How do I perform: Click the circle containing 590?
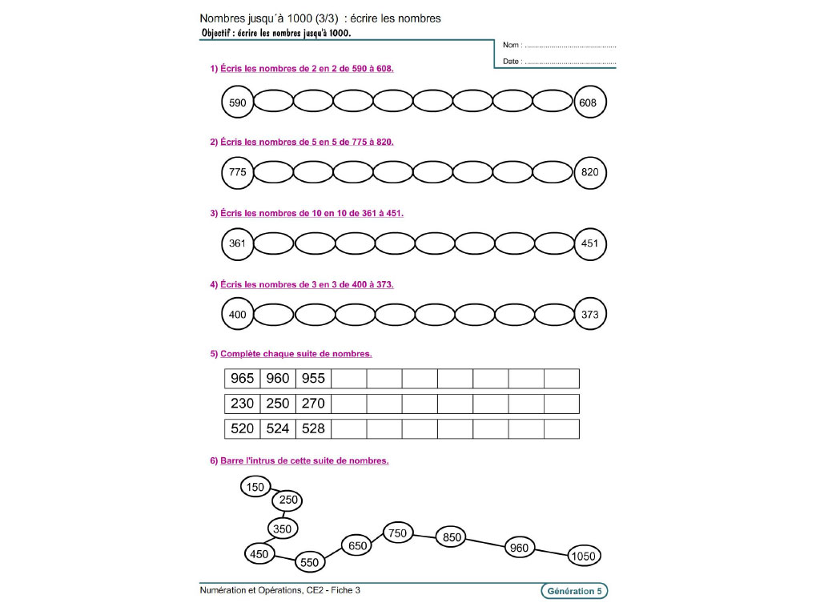(237, 102)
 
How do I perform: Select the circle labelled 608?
(591, 102)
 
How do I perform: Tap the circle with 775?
(237, 172)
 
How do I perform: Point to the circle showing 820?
(591, 172)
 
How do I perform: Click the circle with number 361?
(237, 243)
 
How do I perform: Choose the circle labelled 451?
(591, 243)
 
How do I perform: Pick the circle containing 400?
(237, 315)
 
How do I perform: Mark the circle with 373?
(591, 315)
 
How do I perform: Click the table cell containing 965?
(242, 379)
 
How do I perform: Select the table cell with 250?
(278, 404)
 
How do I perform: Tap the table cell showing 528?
(313, 428)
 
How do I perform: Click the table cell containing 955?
(313, 379)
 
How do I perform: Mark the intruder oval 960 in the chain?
(520, 548)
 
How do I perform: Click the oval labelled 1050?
(585, 556)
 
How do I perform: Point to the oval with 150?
(255, 487)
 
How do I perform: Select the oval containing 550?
(310, 562)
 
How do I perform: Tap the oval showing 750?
(398, 533)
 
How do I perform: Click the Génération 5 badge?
(574, 591)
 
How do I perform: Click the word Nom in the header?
(512, 46)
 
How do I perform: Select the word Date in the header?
(512, 61)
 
